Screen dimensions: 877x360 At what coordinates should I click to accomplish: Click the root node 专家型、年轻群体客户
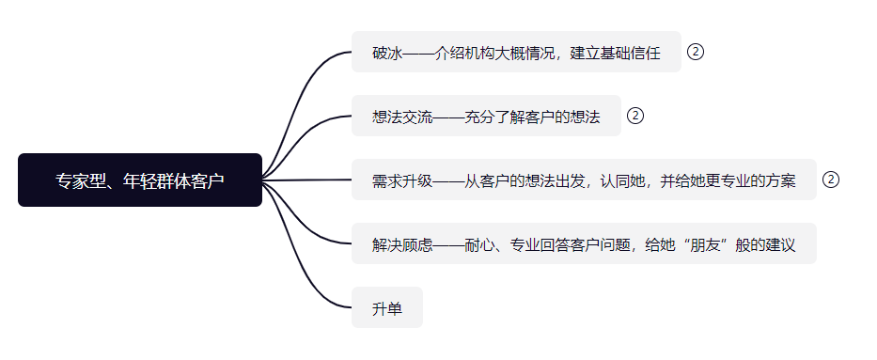tap(140, 180)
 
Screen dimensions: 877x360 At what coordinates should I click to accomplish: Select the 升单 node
tap(386, 308)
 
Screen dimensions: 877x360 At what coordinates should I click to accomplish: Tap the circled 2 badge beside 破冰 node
tap(696, 52)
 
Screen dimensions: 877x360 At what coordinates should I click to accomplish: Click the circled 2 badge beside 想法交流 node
tap(635, 116)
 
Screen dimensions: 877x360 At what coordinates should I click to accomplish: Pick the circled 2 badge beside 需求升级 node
tap(831, 180)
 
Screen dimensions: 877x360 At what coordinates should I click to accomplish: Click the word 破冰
tap(387, 53)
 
